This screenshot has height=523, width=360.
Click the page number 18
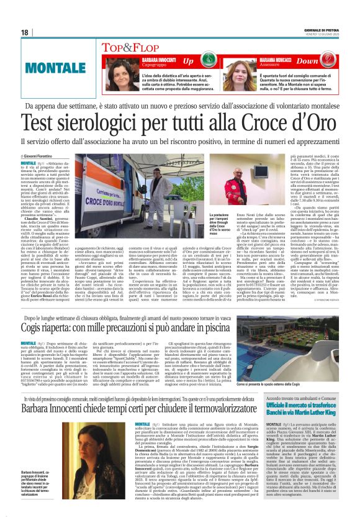24,32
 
